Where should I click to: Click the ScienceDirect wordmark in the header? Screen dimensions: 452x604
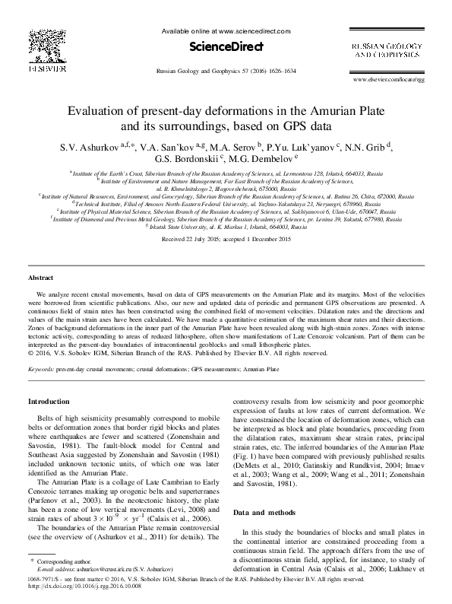[226, 47]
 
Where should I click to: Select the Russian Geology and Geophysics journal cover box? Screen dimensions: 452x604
[387, 52]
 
